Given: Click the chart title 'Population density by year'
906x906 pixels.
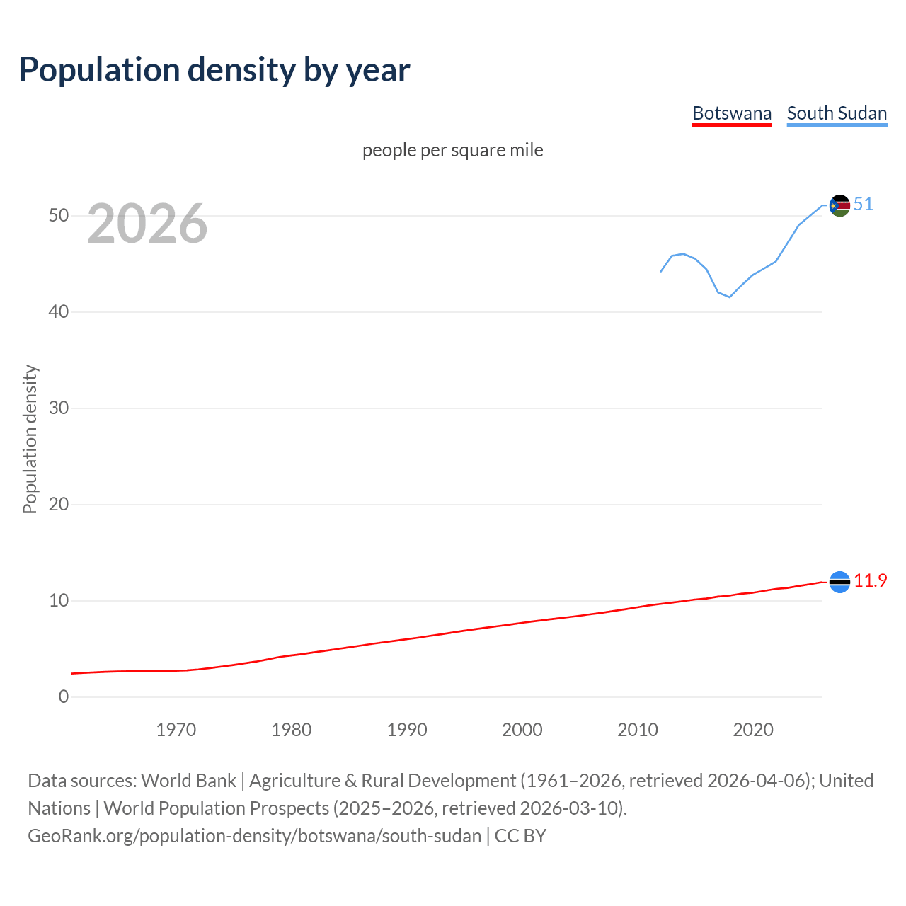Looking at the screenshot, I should (214, 70).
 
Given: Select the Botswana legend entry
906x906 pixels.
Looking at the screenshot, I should (731, 113).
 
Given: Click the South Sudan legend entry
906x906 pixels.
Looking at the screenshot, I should (837, 113).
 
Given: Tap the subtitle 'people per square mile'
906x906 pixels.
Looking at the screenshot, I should (452, 151).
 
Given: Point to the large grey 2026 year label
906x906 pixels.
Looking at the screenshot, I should (147, 224).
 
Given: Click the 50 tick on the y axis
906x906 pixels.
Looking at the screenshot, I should (59, 215).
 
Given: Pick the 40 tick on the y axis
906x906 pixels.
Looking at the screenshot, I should (59, 311).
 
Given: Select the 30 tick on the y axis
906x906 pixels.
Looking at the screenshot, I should (59, 408).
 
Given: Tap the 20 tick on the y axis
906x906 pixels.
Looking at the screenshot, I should (59, 504).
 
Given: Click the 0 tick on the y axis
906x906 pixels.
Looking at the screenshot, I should (64, 696).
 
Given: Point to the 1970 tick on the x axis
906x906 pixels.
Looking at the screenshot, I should (176, 730).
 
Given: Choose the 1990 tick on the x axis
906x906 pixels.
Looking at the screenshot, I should (407, 730).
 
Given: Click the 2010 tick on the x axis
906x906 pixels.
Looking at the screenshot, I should (638, 730).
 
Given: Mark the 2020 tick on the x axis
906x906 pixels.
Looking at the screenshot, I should (753, 730).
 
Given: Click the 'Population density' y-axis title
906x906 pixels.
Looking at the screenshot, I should (30, 439).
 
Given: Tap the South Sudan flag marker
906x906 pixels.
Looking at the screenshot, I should (839, 206).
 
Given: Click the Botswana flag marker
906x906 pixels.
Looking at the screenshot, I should (839, 582).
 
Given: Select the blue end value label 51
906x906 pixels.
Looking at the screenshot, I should (863, 205).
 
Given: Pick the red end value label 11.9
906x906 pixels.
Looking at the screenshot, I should (870, 581).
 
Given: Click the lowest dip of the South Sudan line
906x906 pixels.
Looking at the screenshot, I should (730, 297).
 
